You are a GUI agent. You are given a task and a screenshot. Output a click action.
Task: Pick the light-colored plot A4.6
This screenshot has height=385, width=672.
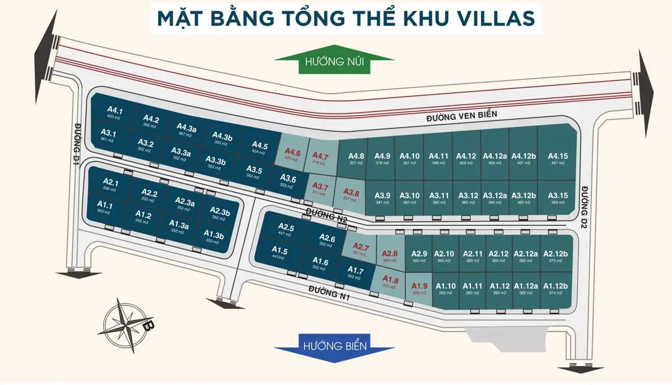(x=292, y=154)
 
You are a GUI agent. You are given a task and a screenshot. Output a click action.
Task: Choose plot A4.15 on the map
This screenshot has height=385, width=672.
(x=557, y=158)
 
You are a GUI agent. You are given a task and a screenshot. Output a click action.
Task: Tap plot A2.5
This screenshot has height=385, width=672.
(x=286, y=229)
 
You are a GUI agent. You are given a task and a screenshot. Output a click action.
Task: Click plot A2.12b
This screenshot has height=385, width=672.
(x=555, y=256)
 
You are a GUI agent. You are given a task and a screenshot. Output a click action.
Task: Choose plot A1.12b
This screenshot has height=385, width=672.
(x=555, y=288)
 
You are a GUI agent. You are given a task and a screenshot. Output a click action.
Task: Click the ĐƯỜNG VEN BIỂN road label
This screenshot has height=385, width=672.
(x=461, y=115)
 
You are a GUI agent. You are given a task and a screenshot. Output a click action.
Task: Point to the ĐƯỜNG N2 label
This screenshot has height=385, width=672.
(x=326, y=215)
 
